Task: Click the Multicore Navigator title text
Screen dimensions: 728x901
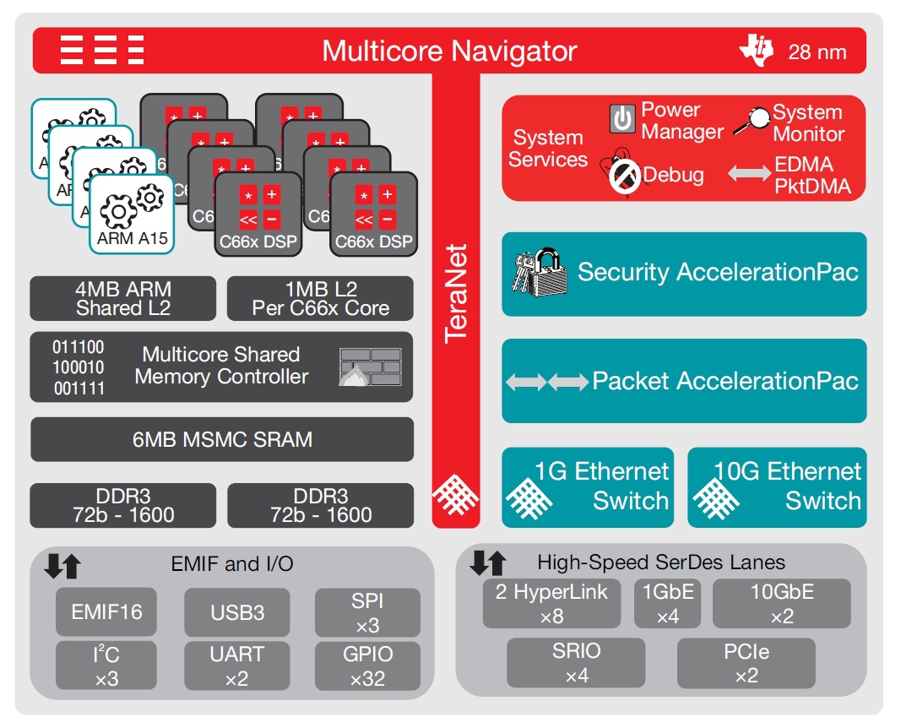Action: click(x=449, y=51)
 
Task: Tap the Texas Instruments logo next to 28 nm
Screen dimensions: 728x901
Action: click(x=756, y=50)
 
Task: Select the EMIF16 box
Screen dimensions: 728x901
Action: click(x=106, y=611)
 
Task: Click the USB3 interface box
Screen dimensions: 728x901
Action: click(x=236, y=611)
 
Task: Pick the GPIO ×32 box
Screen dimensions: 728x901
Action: click(x=367, y=666)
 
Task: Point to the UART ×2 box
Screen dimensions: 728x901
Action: click(x=236, y=666)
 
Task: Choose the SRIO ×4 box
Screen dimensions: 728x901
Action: click(x=577, y=663)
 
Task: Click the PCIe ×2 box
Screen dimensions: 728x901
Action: click(x=746, y=663)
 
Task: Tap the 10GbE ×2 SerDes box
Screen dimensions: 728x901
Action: click(x=782, y=603)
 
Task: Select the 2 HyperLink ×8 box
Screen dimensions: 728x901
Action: click(x=551, y=603)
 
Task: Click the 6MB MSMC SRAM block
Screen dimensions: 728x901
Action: click(x=222, y=439)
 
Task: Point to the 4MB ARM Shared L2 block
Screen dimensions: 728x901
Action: click(x=123, y=298)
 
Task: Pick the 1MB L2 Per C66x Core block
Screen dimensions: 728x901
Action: click(x=320, y=298)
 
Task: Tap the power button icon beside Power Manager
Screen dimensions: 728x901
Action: click(x=622, y=119)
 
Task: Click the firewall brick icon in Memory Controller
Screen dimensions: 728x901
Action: click(x=370, y=367)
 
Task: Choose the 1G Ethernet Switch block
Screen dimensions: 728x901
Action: click(x=588, y=486)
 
